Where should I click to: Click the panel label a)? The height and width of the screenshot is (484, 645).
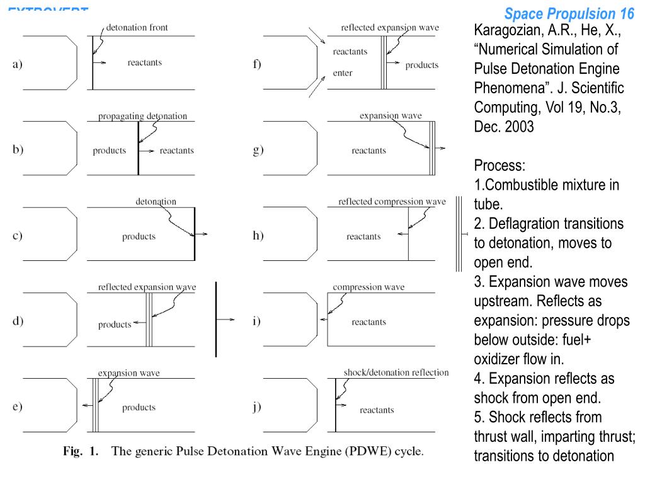coord(17,64)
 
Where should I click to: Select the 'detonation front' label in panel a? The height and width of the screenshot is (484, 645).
coord(137,28)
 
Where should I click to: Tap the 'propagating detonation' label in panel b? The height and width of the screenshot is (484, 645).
coord(142,116)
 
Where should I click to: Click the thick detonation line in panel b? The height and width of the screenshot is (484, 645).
coord(139,148)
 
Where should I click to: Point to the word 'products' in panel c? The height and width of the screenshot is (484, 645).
coord(139,236)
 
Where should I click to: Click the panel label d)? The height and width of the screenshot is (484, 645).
coord(18,321)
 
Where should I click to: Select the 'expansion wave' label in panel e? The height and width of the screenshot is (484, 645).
coord(128,372)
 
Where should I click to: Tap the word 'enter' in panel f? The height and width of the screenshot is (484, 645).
coord(343,73)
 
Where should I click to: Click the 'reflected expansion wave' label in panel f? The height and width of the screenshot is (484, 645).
coord(390,28)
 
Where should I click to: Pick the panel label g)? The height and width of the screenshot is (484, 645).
coord(258,151)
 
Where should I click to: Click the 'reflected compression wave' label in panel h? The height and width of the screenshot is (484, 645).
coord(392,202)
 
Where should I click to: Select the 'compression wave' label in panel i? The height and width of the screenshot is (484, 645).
coord(368,287)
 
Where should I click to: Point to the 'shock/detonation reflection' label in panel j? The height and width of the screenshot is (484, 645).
coord(396,372)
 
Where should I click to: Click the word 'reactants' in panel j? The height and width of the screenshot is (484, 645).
coord(377,410)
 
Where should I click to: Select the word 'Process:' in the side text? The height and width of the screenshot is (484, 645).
coord(499,166)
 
